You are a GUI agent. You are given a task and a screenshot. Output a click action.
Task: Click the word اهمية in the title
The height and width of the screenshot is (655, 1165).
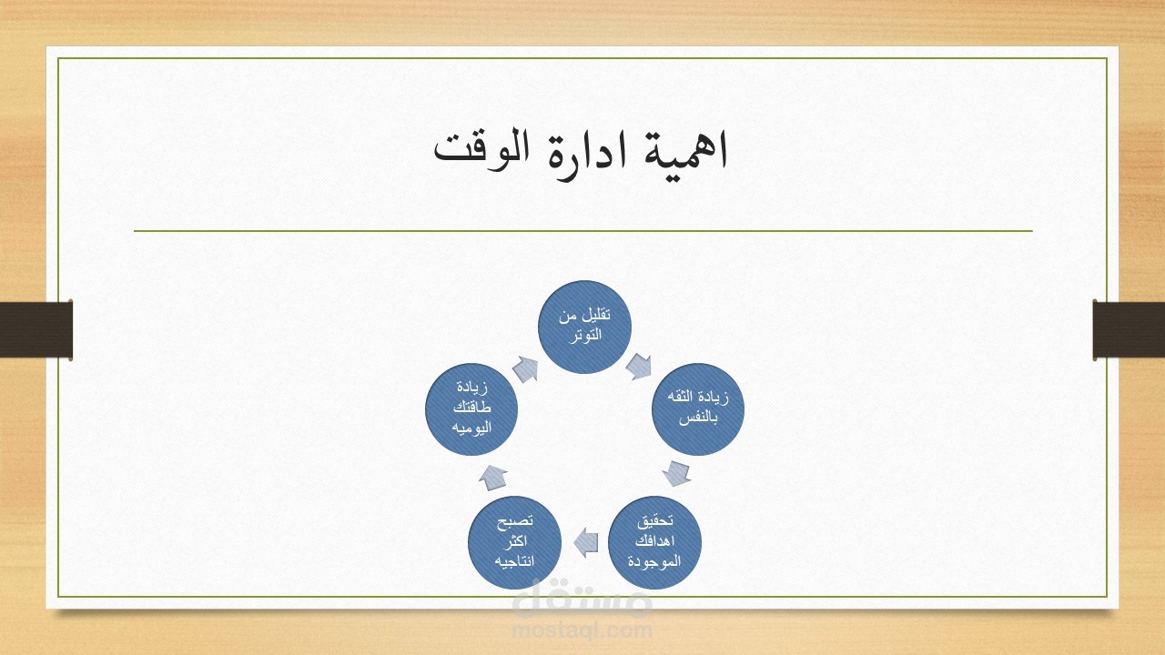pos(685,150)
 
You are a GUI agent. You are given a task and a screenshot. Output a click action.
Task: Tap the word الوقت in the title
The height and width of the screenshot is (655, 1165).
pos(481,150)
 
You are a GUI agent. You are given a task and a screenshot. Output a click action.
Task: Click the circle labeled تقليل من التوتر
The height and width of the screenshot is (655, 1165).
pos(584,327)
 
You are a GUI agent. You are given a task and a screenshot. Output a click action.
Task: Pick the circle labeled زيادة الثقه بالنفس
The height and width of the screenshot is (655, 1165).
pos(698,409)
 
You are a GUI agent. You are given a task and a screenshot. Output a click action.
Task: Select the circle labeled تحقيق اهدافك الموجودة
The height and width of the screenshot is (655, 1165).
pos(654,543)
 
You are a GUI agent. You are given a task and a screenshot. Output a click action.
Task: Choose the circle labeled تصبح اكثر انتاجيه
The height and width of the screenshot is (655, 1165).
pos(514,543)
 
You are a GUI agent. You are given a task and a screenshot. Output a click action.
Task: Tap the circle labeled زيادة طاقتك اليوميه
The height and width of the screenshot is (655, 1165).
pos(471,409)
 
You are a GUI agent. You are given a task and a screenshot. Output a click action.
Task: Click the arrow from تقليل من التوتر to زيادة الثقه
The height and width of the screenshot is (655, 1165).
pos(639,367)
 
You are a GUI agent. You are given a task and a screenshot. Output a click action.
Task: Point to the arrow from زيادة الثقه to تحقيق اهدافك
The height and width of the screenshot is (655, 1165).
pos(676,473)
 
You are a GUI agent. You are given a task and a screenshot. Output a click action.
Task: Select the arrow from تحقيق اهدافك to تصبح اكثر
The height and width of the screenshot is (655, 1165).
pos(585,543)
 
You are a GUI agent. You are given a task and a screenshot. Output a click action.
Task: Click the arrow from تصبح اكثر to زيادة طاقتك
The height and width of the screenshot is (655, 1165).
pos(492,478)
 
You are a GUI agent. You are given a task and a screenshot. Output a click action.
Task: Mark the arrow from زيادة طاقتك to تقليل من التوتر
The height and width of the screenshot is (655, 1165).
pos(525,370)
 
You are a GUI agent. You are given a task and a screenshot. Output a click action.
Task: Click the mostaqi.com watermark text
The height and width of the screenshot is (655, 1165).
pos(582,630)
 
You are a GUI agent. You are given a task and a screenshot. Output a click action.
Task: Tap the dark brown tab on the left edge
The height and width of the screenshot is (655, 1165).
pos(35,329)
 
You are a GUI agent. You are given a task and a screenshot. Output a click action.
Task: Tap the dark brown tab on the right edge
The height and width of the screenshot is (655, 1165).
pos(1129,329)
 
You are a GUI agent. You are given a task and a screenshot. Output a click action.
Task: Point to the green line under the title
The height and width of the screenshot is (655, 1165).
pos(583,230)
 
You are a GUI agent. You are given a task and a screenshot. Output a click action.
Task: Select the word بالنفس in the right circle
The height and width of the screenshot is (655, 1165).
pos(698,418)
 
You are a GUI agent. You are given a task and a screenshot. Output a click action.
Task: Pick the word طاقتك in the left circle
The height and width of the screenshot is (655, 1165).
pos(471,408)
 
